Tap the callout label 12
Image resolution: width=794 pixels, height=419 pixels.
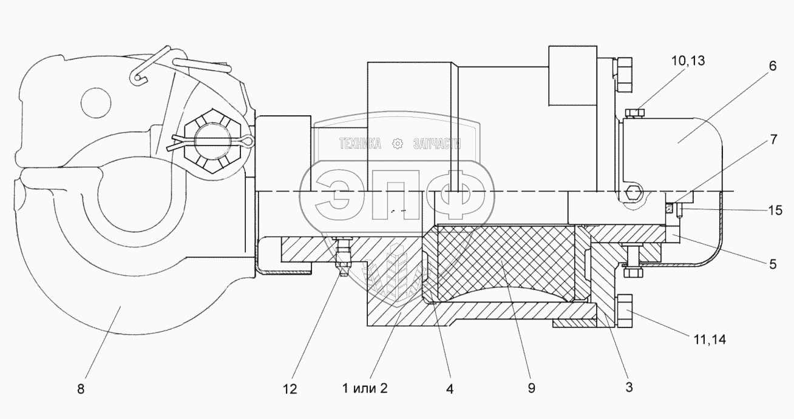tap(290, 389)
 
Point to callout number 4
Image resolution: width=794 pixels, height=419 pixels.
tap(450, 389)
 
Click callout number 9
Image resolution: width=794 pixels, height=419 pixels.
tap(531, 389)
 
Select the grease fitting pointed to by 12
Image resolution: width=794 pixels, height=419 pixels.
tap(343, 261)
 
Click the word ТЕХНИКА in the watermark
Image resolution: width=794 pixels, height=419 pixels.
tap(360, 143)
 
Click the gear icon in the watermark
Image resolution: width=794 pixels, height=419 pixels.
tap(398, 143)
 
